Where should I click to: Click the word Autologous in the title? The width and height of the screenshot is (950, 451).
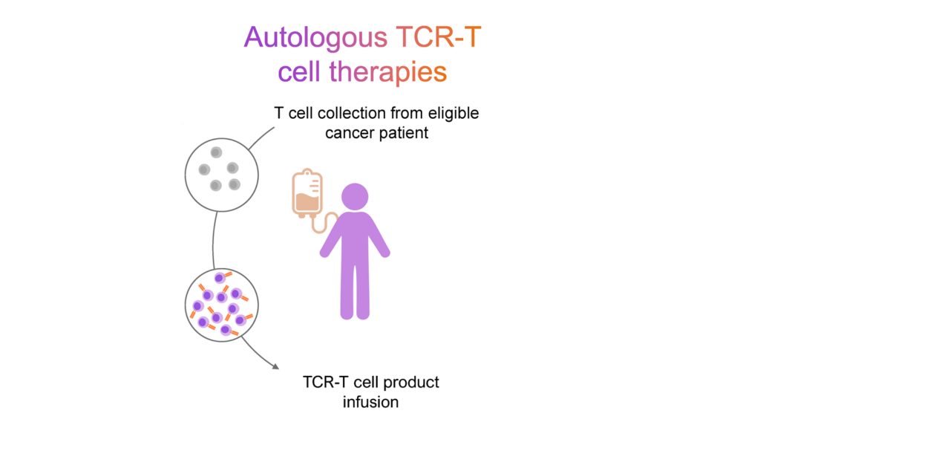pos(315,37)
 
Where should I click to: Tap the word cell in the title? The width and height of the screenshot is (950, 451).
pos(299,72)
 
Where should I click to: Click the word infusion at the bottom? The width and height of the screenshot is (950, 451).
pos(370,402)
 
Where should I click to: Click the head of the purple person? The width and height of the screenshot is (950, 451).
pos(355,196)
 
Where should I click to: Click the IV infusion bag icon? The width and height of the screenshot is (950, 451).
pos(307,194)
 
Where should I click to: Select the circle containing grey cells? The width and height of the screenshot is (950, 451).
pos(221,175)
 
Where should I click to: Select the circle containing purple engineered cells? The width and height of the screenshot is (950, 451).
pos(221,305)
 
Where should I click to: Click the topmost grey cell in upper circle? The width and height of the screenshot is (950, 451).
pos(216,152)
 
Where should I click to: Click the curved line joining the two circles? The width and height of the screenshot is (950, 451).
pos(214,239)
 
